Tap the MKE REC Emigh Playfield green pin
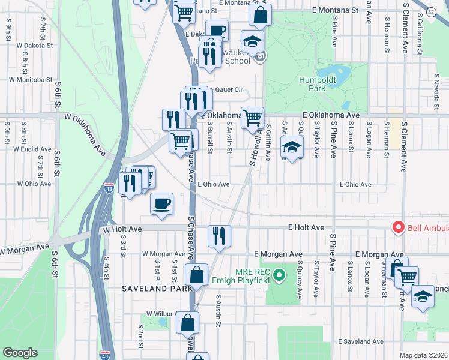click(278, 276)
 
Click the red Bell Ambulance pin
click(397, 228)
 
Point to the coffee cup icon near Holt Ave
click(161, 203)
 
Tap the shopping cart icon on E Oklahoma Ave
click(253, 117)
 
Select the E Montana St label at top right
click(335, 11)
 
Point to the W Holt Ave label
click(122, 229)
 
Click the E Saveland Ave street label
click(360, 341)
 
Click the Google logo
click(20, 353)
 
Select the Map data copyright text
click(424, 355)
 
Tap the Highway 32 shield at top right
click(433, 10)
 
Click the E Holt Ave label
click(306, 227)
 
